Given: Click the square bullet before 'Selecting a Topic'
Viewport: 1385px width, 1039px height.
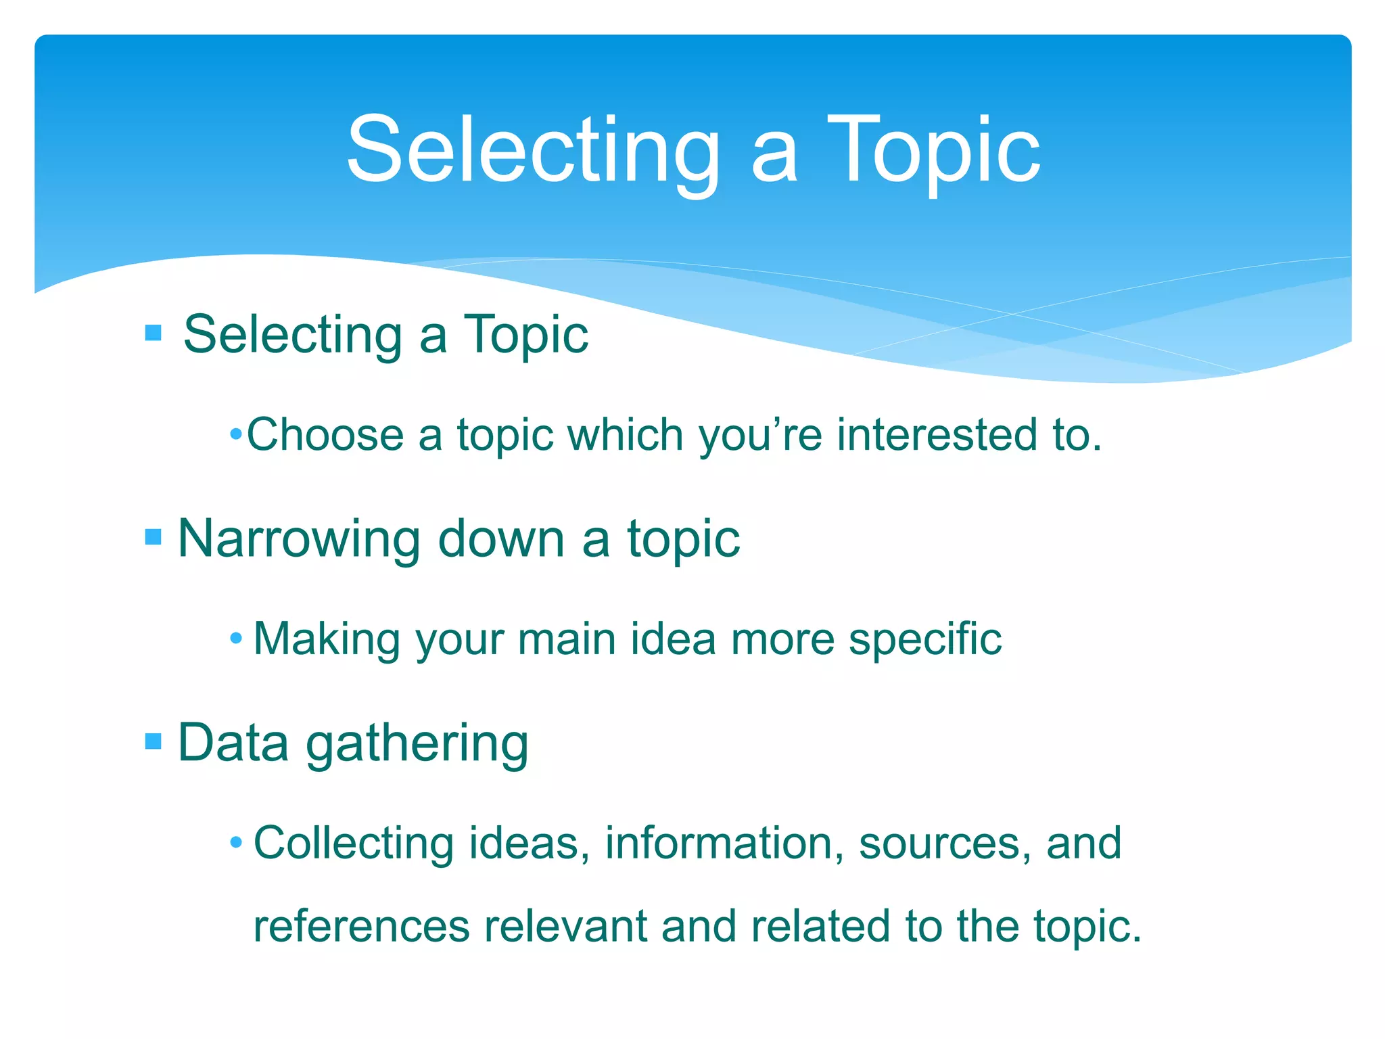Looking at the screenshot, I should pos(154,333).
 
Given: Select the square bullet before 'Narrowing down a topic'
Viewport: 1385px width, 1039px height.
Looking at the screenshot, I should pos(154,537).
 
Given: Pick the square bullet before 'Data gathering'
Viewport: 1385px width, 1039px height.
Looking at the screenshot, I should pos(154,741).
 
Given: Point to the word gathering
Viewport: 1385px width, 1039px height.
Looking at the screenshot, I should pos(417,744).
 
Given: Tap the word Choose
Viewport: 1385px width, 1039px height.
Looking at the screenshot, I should pos(325,434).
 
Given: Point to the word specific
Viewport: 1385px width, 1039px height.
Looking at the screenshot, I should pos(925,640).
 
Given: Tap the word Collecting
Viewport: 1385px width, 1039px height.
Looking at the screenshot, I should pos(353,843).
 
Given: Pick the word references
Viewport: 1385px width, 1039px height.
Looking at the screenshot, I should pos(361,926).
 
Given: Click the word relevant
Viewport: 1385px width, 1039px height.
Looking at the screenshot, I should pos(565,926).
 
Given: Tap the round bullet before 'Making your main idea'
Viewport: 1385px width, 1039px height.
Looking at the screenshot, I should pos(235,639).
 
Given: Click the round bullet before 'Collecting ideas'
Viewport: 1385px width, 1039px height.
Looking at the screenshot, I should pos(235,843).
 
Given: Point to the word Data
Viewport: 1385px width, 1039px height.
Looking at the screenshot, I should pos(233,743).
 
